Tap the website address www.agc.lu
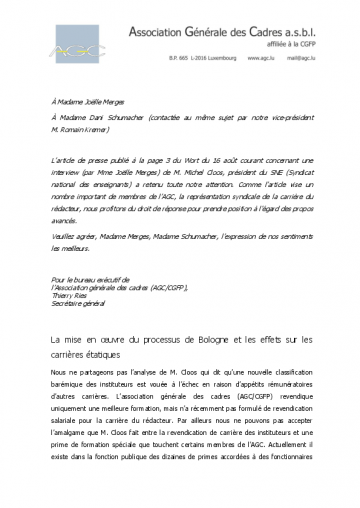266,73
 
